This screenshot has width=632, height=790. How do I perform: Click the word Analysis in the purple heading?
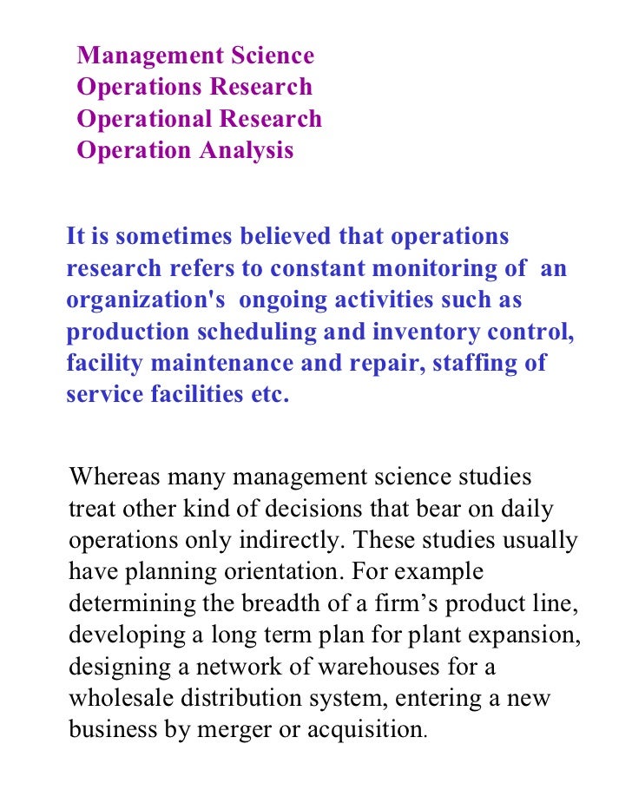click(247, 151)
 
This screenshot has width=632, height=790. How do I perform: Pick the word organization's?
click(146, 300)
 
